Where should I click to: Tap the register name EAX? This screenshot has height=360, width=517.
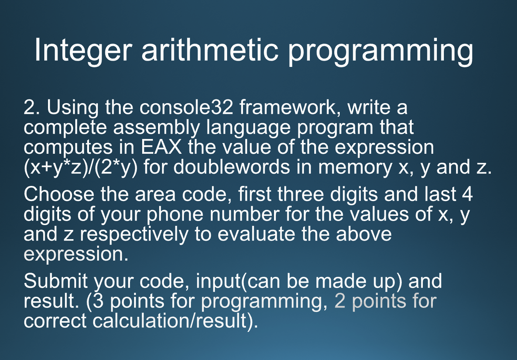[161, 147]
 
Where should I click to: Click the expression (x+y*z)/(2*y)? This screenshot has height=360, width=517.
[81, 168]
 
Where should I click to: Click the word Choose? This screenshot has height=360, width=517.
[59, 194]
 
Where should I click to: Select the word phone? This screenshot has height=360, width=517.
[175, 215]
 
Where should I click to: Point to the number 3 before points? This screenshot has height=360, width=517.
[98, 301]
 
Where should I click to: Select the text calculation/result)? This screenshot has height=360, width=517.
[175, 321]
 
